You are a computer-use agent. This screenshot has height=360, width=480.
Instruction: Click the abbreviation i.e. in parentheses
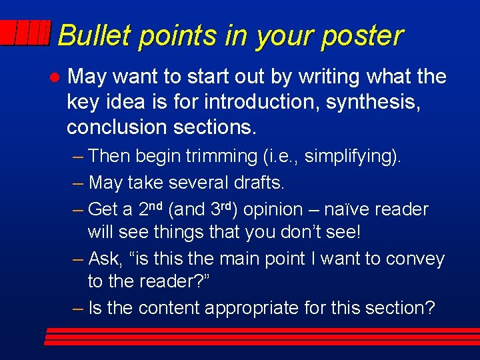pos(283,157)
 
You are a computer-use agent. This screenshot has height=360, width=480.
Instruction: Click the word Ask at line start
pos(106,259)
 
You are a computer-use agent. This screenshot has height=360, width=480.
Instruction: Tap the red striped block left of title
pos(25,33)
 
